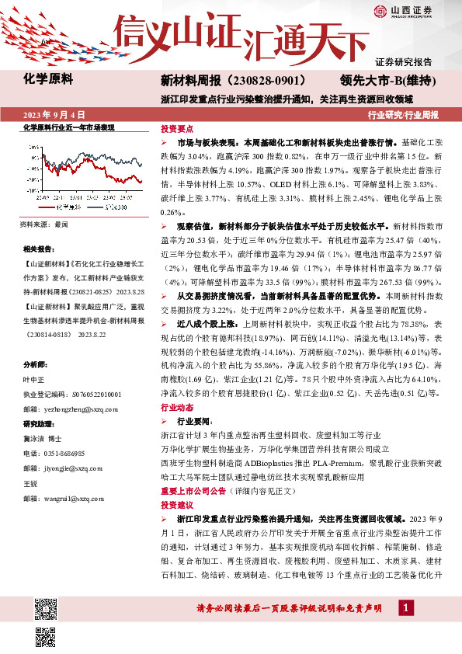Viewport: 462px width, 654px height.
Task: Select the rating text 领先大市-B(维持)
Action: [386, 80]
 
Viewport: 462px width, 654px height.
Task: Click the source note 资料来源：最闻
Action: [44, 224]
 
